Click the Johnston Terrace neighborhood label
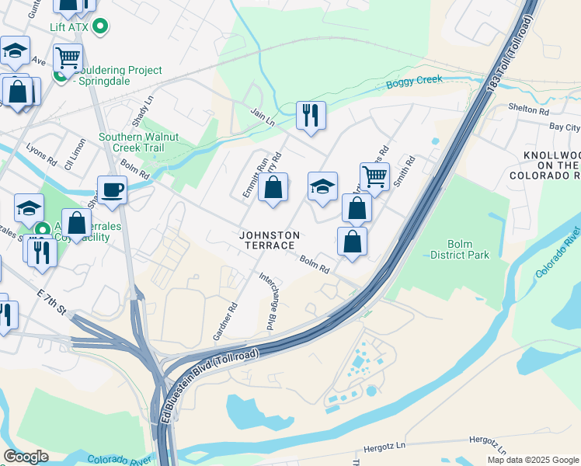(268, 239)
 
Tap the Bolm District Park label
(459, 249)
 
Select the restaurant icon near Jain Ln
(311, 115)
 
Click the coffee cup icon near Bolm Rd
(112, 190)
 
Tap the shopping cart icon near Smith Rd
(374, 176)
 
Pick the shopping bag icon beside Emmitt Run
(273, 187)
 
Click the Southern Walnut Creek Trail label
(138, 142)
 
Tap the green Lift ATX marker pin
(99, 28)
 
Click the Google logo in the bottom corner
(26, 457)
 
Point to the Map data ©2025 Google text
(534, 460)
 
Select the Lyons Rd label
(41, 151)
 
